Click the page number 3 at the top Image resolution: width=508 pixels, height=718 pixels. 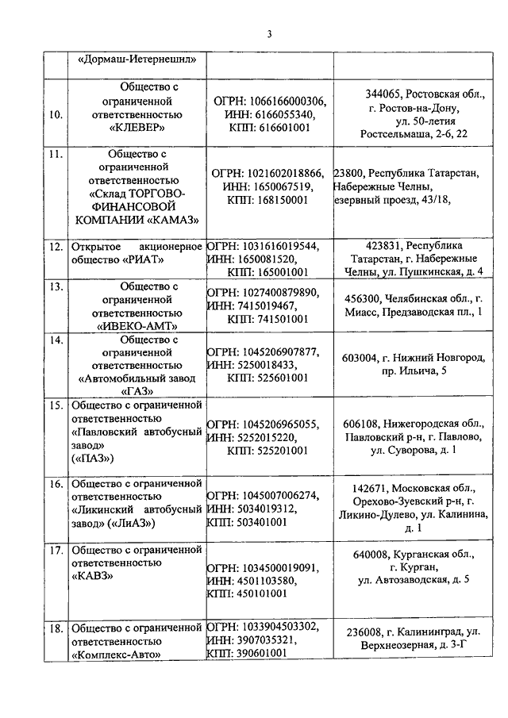268,33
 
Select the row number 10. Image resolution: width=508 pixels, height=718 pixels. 56,114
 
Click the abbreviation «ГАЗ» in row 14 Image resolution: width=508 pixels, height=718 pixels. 137,390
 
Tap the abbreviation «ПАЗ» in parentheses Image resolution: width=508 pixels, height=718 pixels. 93,459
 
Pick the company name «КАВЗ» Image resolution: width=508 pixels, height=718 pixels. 92,577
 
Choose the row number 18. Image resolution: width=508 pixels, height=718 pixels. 56,628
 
